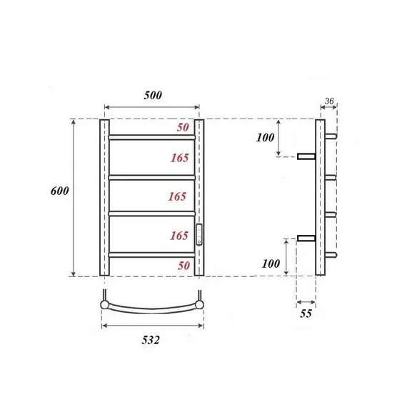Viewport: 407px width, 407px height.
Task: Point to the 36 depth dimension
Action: [x=328, y=101]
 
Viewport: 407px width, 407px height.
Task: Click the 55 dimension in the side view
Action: [x=306, y=313]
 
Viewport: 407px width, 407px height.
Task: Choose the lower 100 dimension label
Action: [x=271, y=263]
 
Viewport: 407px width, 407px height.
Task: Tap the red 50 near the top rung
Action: [x=182, y=127]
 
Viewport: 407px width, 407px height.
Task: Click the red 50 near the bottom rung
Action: [x=182, y=265]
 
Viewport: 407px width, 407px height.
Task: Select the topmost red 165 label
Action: [x=179, y=157]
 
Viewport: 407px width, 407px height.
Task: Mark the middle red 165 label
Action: [x=179, y=196]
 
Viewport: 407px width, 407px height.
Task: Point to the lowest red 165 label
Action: [x=179, y=235]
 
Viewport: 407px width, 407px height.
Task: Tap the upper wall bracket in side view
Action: [x=306, y=156]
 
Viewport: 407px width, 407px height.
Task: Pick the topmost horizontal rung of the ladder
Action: [x=151, y=136]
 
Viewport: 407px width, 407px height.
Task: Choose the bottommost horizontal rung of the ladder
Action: [x=151, y=253]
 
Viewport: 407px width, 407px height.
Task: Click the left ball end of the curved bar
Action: [x=106, y=305]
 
